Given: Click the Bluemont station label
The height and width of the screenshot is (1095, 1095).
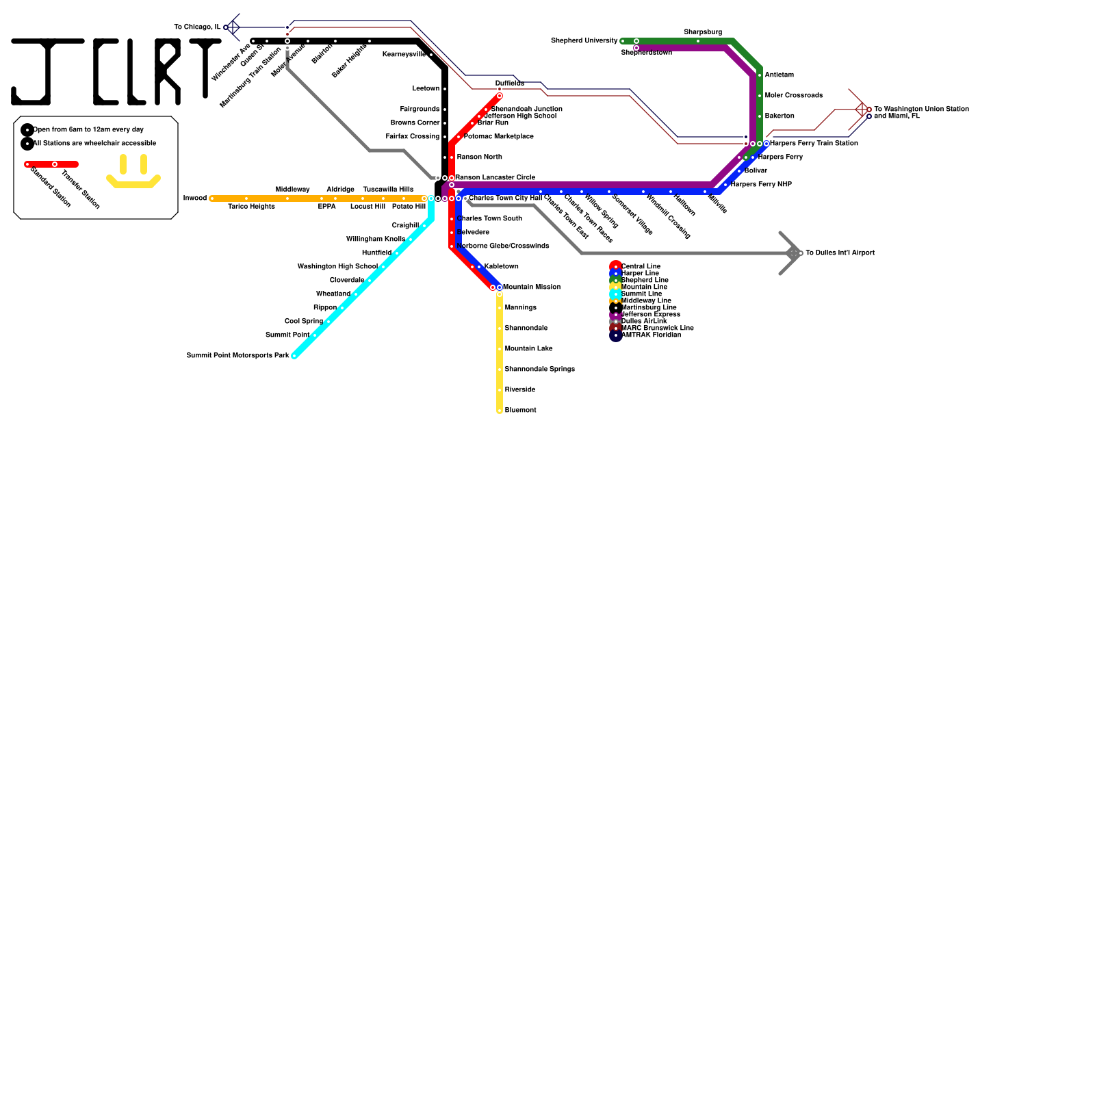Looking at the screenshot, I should [520, 411].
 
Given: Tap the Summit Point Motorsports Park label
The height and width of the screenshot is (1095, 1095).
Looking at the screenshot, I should [237, 356].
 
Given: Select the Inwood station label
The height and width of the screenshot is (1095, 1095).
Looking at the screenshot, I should [195, 198].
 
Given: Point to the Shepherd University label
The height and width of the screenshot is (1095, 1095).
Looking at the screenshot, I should [584, 41].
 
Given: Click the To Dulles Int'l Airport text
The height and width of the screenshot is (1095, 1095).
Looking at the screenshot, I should [840, 253].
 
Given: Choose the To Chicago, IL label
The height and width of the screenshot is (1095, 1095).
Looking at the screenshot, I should [197, 27].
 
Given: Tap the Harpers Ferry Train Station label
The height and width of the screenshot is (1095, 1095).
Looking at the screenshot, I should [814, 144].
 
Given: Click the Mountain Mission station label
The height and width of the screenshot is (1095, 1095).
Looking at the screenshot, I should [532, 287].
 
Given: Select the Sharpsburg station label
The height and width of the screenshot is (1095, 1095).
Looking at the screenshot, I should [702, 32].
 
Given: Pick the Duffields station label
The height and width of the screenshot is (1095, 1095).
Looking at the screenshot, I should [510, 83].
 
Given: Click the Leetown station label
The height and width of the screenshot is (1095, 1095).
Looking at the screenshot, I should [426, 89].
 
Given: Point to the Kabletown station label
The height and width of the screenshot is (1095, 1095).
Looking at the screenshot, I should [501, 267].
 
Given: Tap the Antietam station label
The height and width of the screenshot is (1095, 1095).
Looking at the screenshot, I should [779, 75].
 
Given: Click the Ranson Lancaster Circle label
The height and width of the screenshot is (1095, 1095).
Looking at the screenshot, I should [495, 178].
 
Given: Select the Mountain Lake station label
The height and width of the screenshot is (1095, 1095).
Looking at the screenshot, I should [528, 349].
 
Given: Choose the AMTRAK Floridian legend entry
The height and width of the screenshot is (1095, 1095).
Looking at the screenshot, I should [650, 335].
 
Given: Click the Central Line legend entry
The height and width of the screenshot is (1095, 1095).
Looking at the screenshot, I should [641, 266].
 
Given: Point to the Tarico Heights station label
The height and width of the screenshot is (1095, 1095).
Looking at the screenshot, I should [251, 207].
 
